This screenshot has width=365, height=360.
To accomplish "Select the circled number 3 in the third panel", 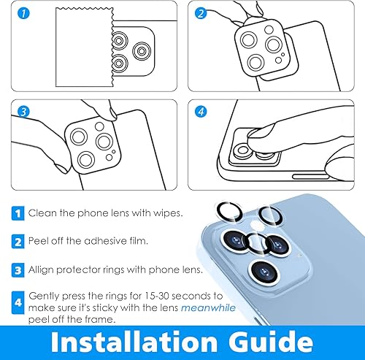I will point(23,112).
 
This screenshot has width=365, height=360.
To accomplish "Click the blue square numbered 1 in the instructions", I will point(18,213).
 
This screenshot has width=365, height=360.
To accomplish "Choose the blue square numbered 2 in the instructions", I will point(18,241).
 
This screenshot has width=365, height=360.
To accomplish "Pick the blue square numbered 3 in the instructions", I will point(18,269).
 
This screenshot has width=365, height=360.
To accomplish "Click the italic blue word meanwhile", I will point(208,307).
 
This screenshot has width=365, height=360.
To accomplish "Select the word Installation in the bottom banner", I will point(127,341).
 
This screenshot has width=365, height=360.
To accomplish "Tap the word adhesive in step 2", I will point(93,241).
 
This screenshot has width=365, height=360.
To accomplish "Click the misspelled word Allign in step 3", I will point(42,269).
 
